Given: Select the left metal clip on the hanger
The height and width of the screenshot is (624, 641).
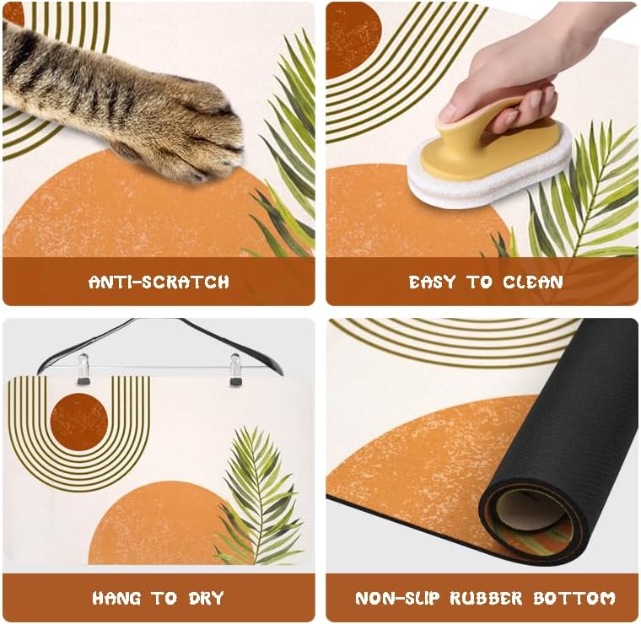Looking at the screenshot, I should [x=83, y=369].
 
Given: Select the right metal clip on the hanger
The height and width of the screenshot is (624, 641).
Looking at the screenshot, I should [x=236, y=369].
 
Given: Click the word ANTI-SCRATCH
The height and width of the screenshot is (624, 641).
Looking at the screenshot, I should [x=159, y=282].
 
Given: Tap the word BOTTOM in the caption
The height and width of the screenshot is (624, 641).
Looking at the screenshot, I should [x=575, y=599].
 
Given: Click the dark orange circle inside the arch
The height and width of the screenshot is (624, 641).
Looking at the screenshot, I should [x=78, y=422].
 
